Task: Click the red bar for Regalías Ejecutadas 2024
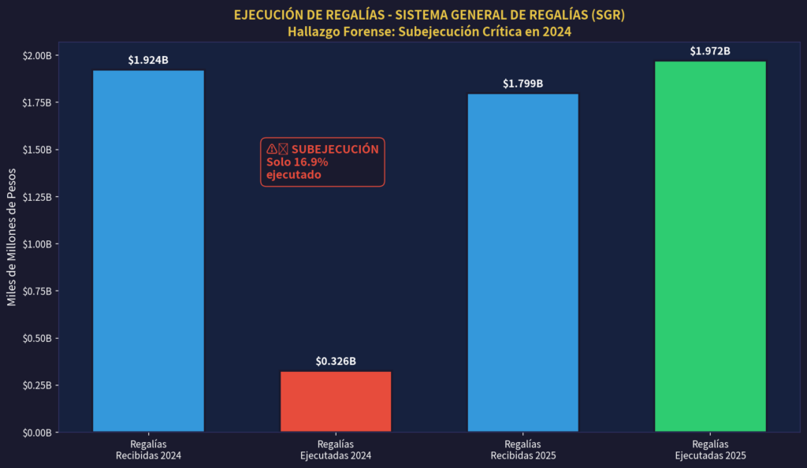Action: [336, 401]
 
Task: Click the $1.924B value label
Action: [148, 60]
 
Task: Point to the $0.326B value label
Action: [336, 361]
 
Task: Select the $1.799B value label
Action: [523, 84]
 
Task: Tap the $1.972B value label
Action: [710, 51]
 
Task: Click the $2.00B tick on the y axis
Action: [37, 56]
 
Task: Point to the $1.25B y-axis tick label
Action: [37, 197]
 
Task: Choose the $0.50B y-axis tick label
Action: [37, 339]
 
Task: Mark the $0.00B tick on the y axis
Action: [37, 433]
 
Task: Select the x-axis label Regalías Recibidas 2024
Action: [148, 450]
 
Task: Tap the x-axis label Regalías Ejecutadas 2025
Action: [710, 450]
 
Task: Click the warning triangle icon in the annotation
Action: [272, 149]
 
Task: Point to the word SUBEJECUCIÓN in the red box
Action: [335, 149]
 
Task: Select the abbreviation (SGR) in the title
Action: [604, 15]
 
